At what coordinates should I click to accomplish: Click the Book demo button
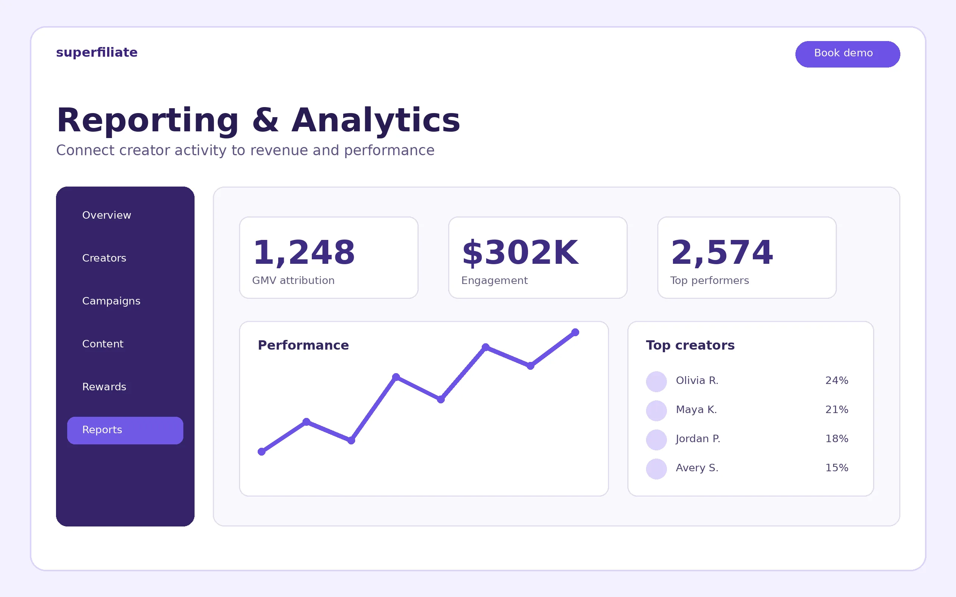tap(847, 54)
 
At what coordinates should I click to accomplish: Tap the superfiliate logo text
tap(97, 53)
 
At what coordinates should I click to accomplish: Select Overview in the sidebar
tap(107, 215)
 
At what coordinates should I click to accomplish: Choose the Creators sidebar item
tap(104, 258)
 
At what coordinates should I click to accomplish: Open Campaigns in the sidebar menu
tap(111, 301)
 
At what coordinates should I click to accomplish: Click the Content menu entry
tap(103, 344)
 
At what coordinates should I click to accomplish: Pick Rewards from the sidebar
tap(104, 387)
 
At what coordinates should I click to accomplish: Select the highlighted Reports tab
tap(125, 430)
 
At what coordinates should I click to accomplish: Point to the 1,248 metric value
tap(304, 253)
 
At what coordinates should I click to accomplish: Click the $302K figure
tap(520, 253)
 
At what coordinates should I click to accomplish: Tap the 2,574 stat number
tap(722, 253)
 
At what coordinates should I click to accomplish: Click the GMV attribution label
tap(294, 280)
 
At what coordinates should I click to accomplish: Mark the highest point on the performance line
tap(575, 332)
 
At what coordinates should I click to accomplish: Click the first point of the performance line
tap(261, 452)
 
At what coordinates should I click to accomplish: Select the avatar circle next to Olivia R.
tap(657, 381)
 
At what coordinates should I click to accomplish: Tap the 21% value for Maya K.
tap(837, 410)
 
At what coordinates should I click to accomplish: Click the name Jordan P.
tap(698, 439)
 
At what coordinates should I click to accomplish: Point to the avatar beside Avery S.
tap(657, 469)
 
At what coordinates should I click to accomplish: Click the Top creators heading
tap(690, 346)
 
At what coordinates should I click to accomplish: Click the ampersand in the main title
tap(266, 121)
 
